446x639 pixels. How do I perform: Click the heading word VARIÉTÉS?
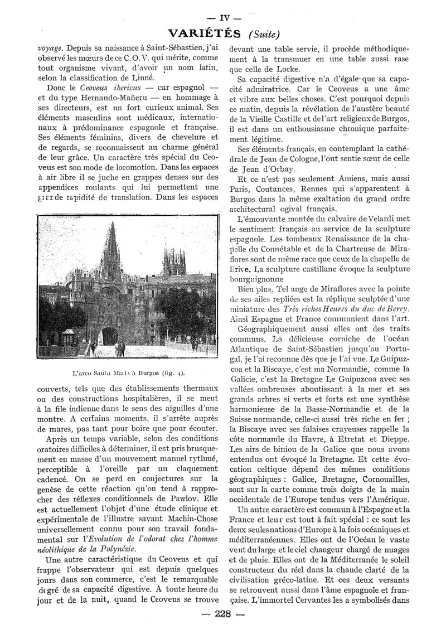coord(205,33)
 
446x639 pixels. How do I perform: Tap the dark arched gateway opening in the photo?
coord(110,335)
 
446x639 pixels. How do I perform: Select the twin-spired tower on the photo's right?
coord(174,262)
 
